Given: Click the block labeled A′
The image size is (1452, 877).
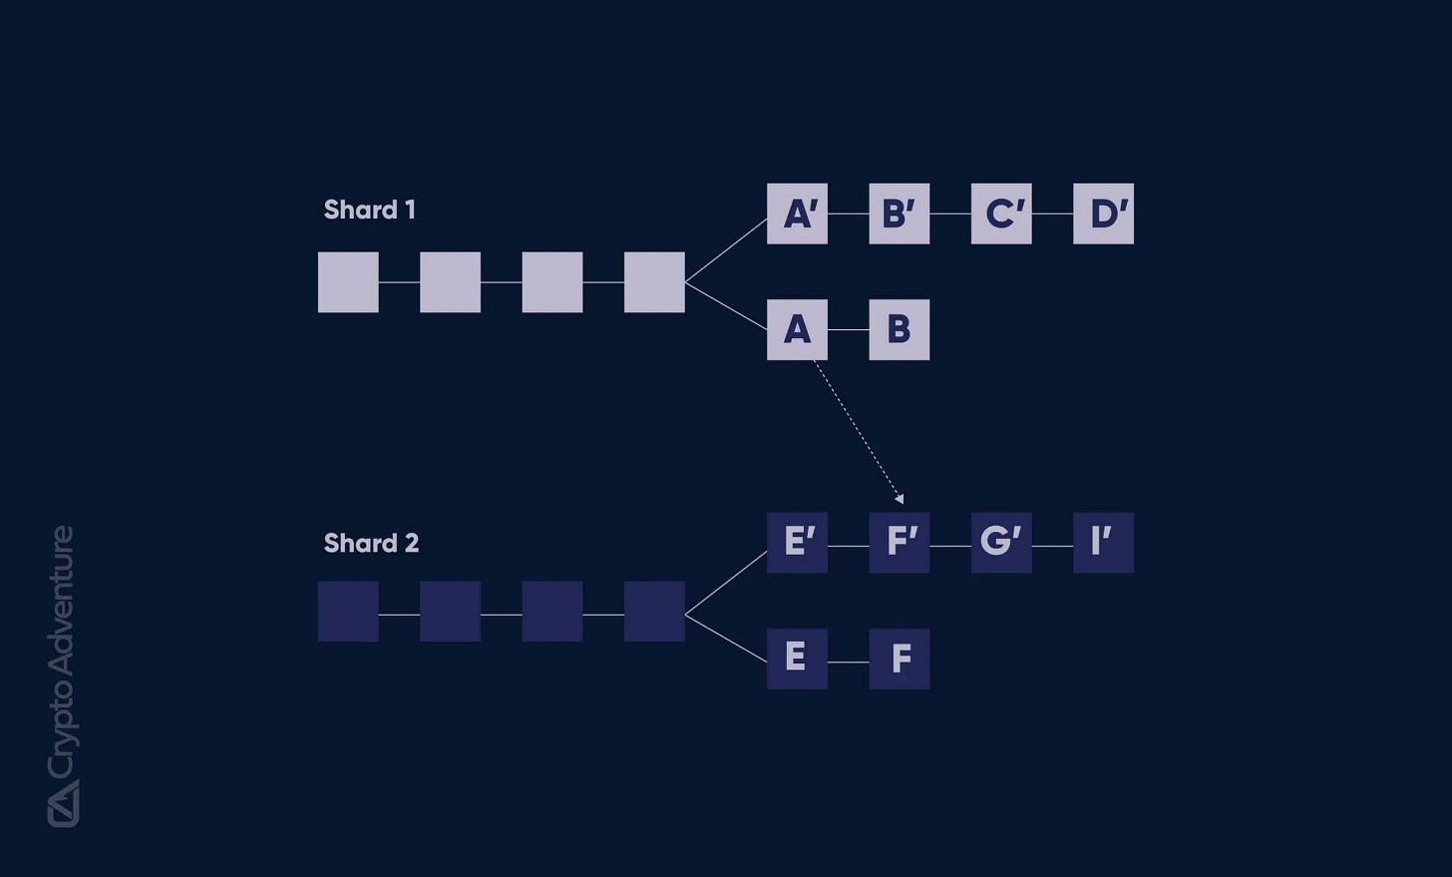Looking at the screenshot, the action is pyautogui.click(x=797, y=214).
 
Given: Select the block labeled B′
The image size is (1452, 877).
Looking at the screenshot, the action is pyautogui.click(x=899, y=214).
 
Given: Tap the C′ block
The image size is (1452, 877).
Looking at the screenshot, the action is pyautogui.click(x=1001, y=214).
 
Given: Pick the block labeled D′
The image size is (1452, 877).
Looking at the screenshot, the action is pyautogui.click(x=1103, y=214).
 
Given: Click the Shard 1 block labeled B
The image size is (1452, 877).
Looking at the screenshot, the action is pyautogui.click(x=899, y=329).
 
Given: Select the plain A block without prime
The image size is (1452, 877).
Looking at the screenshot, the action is pyautogui.click(x=797, y=329).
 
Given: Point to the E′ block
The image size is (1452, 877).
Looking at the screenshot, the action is pyautogui.click(x=797, y=542).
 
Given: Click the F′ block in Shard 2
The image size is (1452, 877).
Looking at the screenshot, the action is pyautogui.click(x=899, y=542).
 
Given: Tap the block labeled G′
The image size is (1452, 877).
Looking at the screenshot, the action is pyautogui.click(x=1001, y=542).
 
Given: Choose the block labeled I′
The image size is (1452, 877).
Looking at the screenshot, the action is pyautogui.click(x=1103, y=542).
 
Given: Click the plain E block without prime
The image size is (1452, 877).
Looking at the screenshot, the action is pyautogui.click(x=797, y=658).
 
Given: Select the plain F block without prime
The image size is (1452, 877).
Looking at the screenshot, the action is pyautogui.click(x=899, y=658).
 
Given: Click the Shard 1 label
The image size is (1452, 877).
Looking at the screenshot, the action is pyautogui.click(x=369, y=210).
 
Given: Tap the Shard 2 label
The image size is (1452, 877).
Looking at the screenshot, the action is pyautogui.click(x=371, y=543).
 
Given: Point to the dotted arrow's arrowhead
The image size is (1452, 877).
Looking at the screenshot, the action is pyautogui.click(x=900, y=498).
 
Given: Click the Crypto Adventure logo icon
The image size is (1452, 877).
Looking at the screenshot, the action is pyautogui.click(x=63, y=803).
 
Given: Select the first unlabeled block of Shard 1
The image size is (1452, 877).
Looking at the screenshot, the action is pyautogui.click(x=348, y=282).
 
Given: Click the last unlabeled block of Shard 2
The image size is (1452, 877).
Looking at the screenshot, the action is pyautogui.click(x=654, y=612).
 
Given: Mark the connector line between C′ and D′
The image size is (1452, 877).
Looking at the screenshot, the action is pyautogui.click(x=1052, y=214).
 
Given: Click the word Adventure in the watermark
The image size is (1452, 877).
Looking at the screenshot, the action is pyautogui.click(x=62, y=602).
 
